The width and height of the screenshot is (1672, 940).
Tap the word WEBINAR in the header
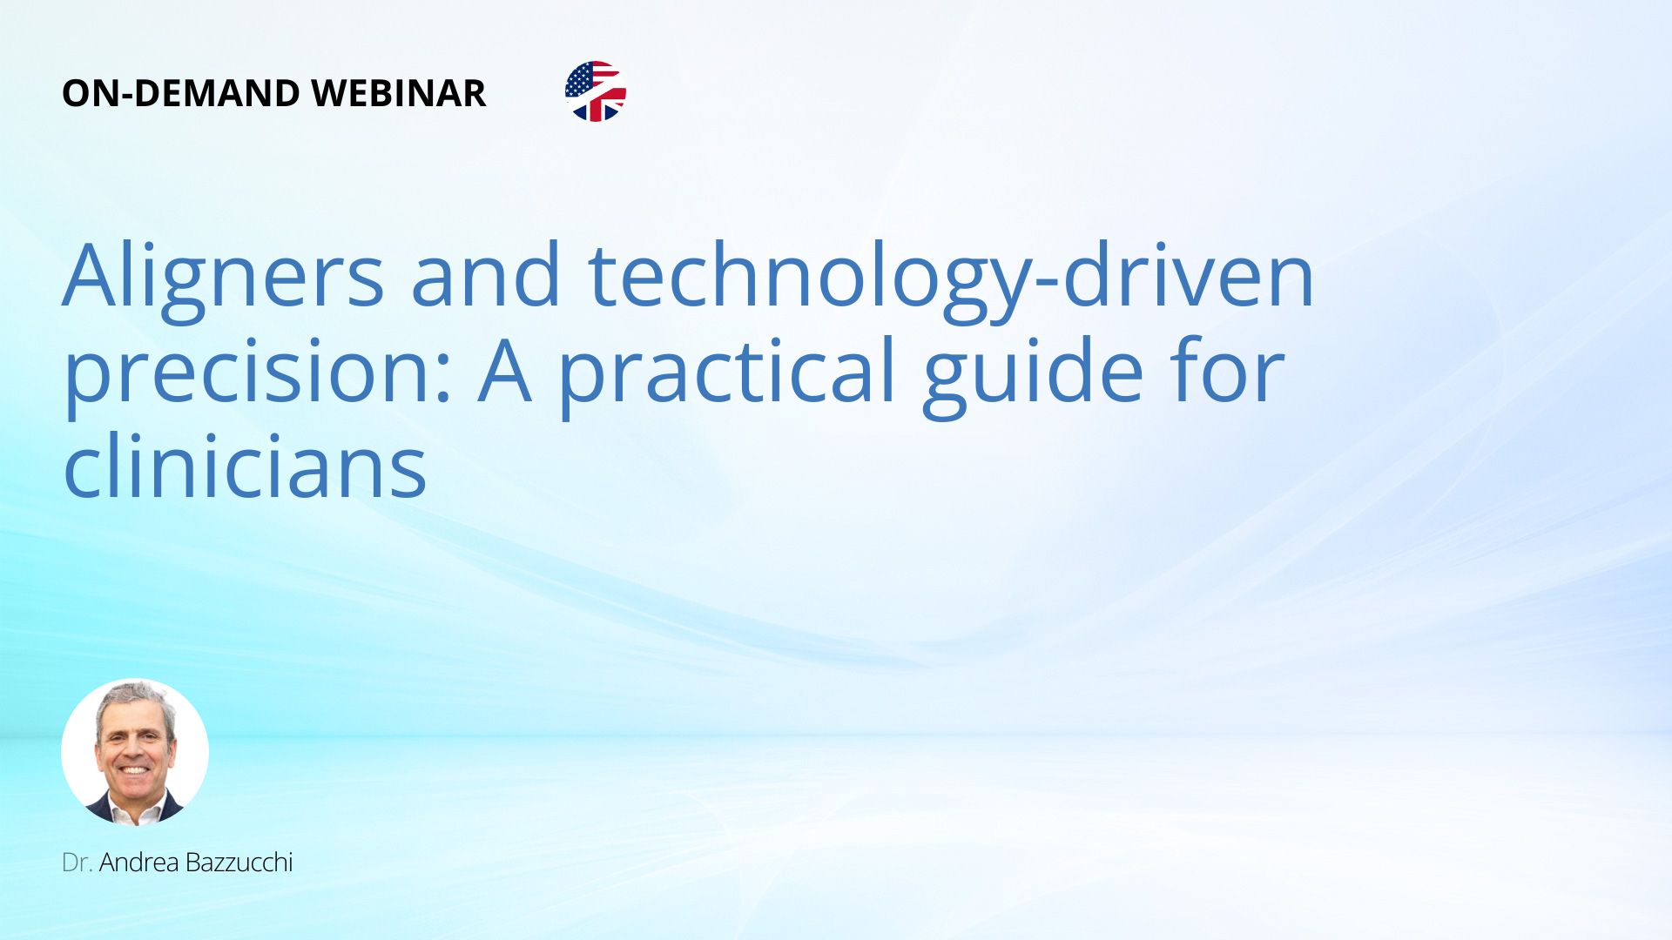(x=398, y=93)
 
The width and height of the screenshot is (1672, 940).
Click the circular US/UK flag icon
(x=596, y=91)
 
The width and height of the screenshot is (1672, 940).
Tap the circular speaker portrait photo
(x=135, y=752)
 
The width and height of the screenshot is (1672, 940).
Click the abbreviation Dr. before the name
(x=78, y=863)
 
